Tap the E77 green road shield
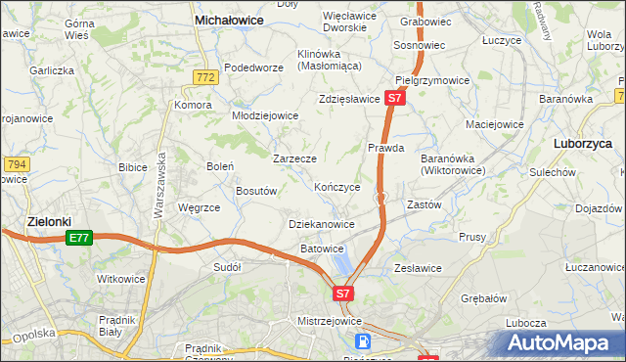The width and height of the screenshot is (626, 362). (79, 238)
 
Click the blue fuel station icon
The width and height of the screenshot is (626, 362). (363, 341)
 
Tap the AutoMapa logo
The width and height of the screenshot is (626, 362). (561, 342)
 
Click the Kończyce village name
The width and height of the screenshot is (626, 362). (337, 187)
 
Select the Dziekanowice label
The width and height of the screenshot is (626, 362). (322, 224)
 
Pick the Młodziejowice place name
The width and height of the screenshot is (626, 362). (264, 114)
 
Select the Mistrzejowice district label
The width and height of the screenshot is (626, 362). (329, 321)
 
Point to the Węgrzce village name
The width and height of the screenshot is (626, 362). (199, 207)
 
